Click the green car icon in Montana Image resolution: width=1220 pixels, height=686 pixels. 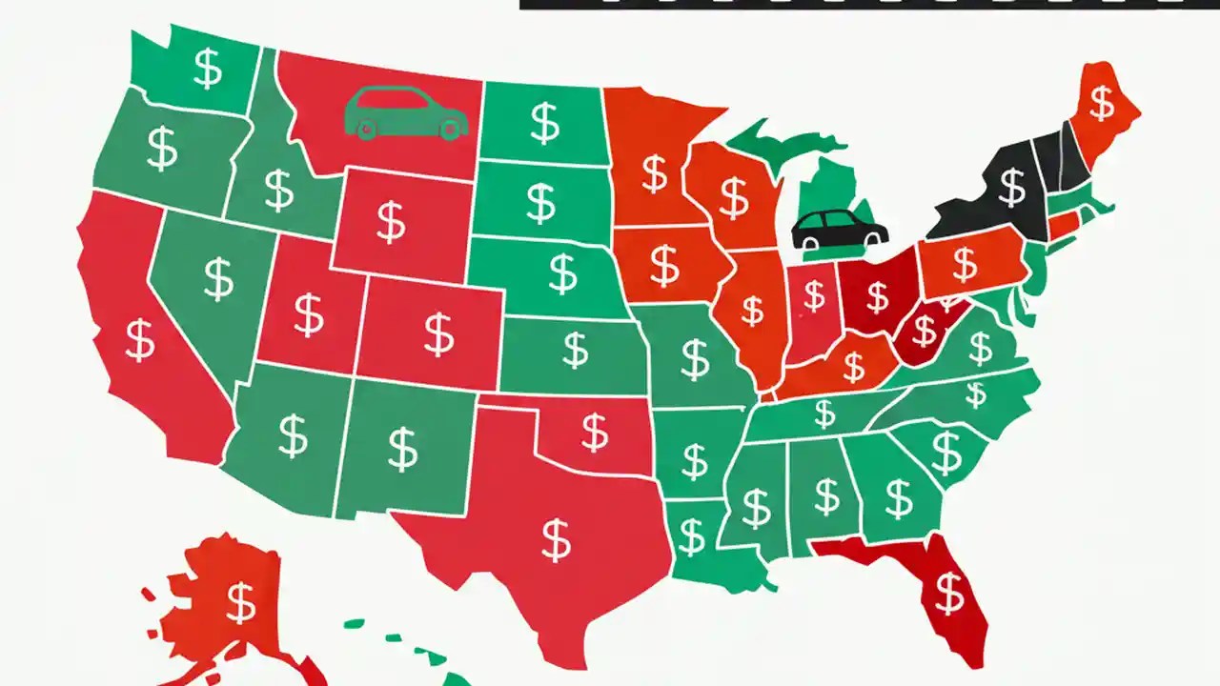[x=405, y=112]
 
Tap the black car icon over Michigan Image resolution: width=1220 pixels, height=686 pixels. [x=839, y=230]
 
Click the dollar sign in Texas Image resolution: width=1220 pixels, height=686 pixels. [x=556, y=539]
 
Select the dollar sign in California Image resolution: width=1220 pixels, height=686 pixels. [x=140, y=340]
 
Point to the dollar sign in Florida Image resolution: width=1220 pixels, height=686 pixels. [x=949, y=594]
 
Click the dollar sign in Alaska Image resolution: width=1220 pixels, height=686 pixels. [x=240, y=602]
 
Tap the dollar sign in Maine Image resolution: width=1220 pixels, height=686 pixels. [x=1102, y=103]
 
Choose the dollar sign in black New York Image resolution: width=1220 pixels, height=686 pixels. [x=1011, y=188]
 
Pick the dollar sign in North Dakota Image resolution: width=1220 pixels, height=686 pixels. [x=544, y=123]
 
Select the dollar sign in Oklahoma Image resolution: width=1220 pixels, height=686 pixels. [x=595, y=433]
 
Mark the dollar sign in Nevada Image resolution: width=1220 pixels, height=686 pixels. [x=218, y=278]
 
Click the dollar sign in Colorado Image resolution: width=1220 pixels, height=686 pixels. [x=438, y=334]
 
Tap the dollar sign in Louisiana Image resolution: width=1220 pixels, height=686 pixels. [x=691, y=536]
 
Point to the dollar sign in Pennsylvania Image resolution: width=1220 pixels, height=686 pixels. [x=965, y=265]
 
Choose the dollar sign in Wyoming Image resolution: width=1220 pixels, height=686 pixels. [x=390, y=221]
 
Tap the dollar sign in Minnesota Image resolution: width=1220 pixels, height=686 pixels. [x=654, y=173]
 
